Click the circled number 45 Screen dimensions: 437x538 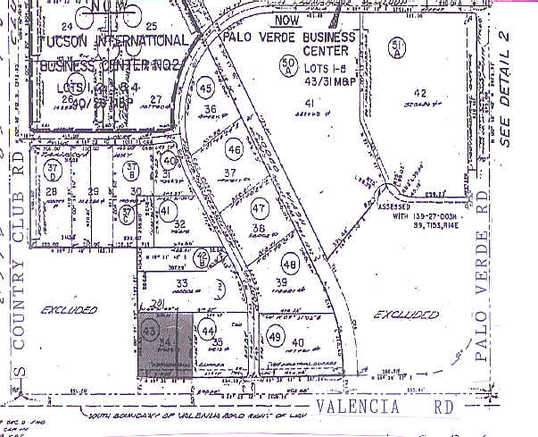pyautogui.click(x=206, y=89)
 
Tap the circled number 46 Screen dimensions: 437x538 pyautogui.click(x=235, y=147)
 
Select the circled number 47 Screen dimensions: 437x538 pyautogui.click(x=260, y=209)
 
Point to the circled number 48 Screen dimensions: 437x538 pyautogui.click(x=290, y=265)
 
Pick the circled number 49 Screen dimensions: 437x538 pyautogui.click(x=274, y=337)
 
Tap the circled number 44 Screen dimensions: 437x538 pyautogui.click(x=209, y=331)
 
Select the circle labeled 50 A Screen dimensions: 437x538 pyautogui.click(x=287, y=65)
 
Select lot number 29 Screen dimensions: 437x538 pyautogui.click(x=93, y=191)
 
